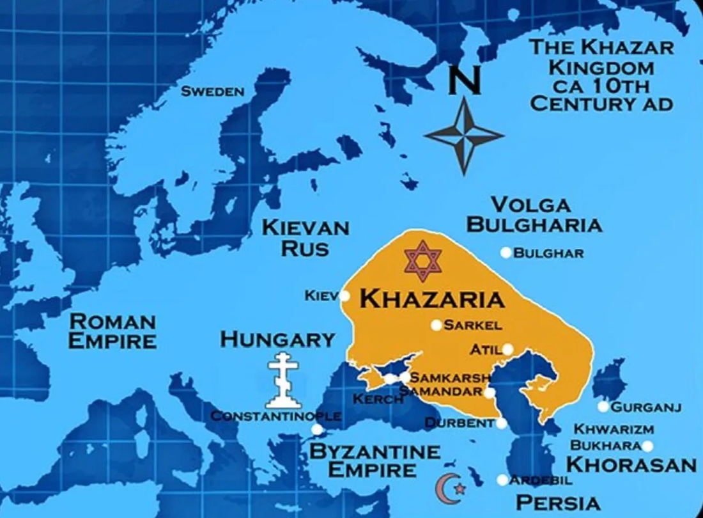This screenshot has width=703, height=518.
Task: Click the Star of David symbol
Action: tap(422, 261)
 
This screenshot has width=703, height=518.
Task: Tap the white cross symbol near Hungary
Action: tap(283, 380)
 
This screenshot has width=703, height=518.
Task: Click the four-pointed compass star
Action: tap(464, 135)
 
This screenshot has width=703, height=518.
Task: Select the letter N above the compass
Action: tap(465, 81)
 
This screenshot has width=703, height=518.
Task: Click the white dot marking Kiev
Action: tap(344, 296)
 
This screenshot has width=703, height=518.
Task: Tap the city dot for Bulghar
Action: tap(506, 253)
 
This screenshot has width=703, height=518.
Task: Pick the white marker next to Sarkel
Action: tap(436, 325)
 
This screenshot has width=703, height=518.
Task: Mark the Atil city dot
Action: tap(507, 349)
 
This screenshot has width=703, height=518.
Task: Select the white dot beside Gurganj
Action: tap(603, 407)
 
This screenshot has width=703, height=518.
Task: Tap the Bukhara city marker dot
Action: tap(647, 446)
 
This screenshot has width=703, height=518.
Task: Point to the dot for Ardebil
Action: tap(502, 480)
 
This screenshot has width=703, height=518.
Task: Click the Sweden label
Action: tap(212, 91)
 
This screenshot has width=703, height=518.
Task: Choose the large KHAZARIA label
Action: tap(432, 299)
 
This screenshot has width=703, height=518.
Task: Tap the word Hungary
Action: tap(277, 340)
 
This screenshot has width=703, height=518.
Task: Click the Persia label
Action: tap(558, 502)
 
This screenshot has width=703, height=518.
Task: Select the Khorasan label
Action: tap(631, 464)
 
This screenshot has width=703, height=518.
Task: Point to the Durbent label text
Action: tap(459, 423)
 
